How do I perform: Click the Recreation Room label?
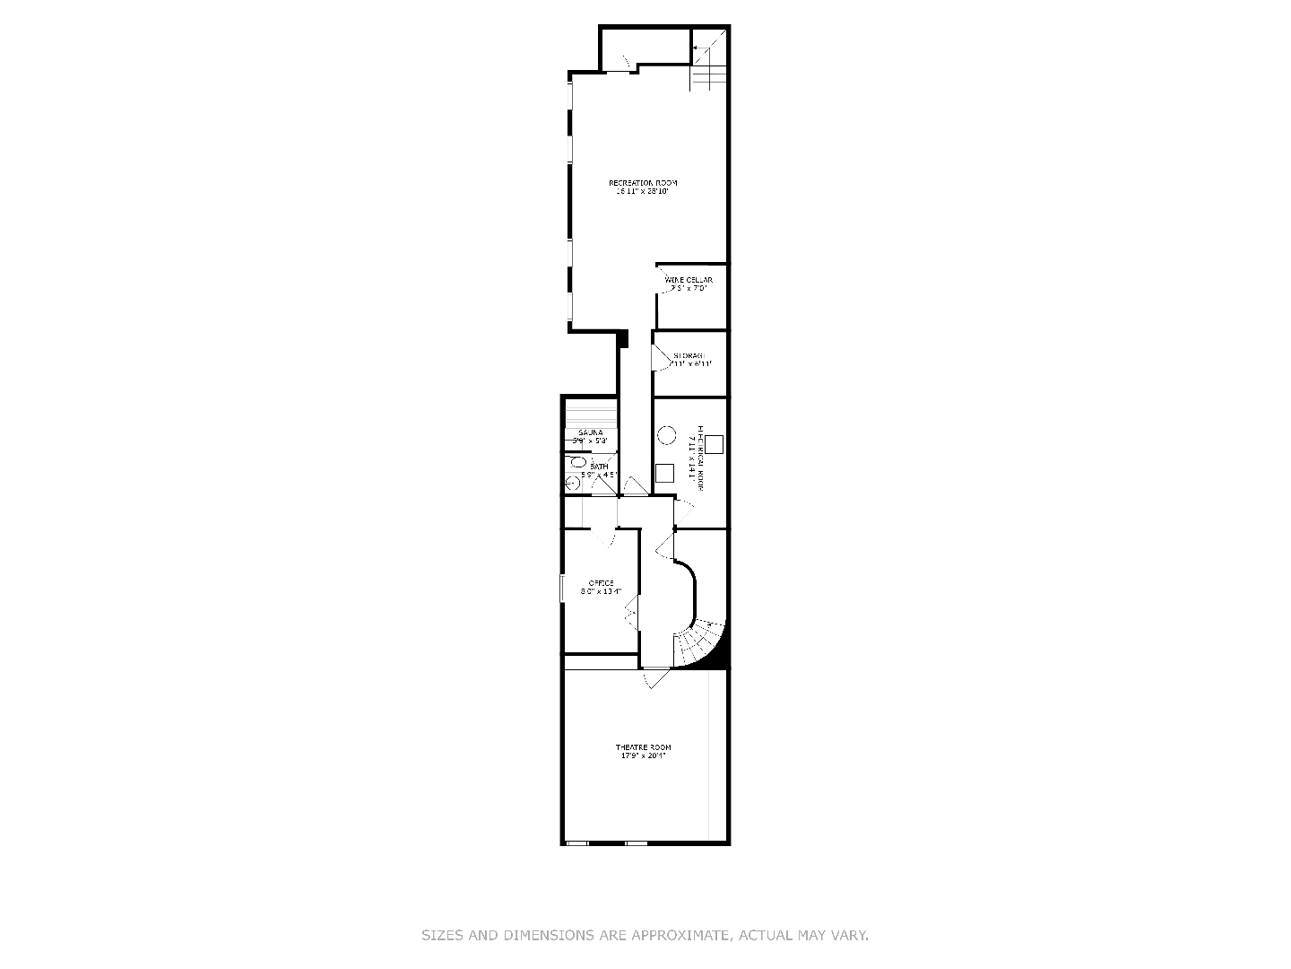click(643, 187)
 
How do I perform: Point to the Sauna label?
click(591, 437)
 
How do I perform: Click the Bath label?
click(598, 470)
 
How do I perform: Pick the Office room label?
click(601, 587)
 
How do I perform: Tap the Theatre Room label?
click(643, 752)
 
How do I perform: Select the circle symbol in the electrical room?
click(666, 435)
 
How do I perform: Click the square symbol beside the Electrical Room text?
click(714, 443)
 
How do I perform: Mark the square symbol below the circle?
click(664, 473)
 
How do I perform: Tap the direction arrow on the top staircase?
click(699, 48)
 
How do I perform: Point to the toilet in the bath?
click(578, 463)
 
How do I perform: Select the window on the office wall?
click(561, 589)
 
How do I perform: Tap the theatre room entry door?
click(655, 679)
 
